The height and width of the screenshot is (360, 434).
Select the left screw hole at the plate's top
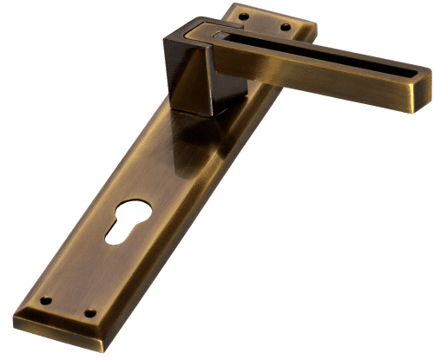click(x=243, y=15)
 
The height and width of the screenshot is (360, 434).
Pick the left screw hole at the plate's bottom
click(x=45, y=301)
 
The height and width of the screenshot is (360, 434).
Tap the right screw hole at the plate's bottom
click(x=89, y=313)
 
